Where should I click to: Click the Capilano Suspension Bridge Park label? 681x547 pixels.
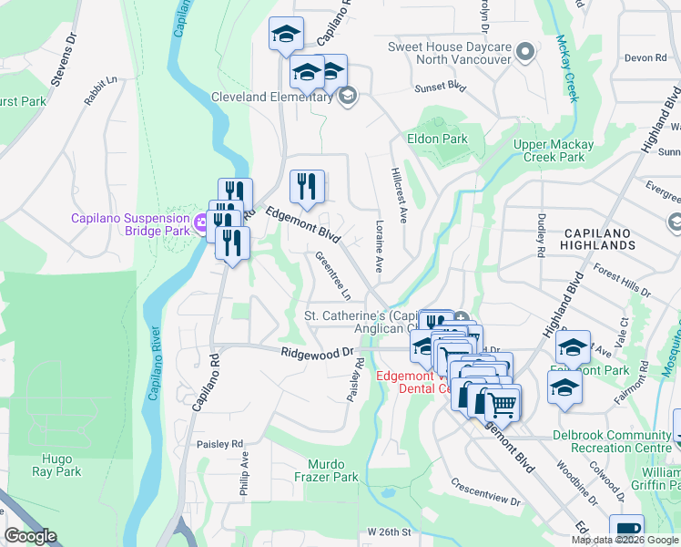coord(131,223)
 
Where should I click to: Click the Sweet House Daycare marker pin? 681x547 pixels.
coord(524,52)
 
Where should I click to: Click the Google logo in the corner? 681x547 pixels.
coord(30,536)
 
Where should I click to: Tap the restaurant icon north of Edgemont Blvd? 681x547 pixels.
coord(307,187)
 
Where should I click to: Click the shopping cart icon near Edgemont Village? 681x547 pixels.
coord(501,402)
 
